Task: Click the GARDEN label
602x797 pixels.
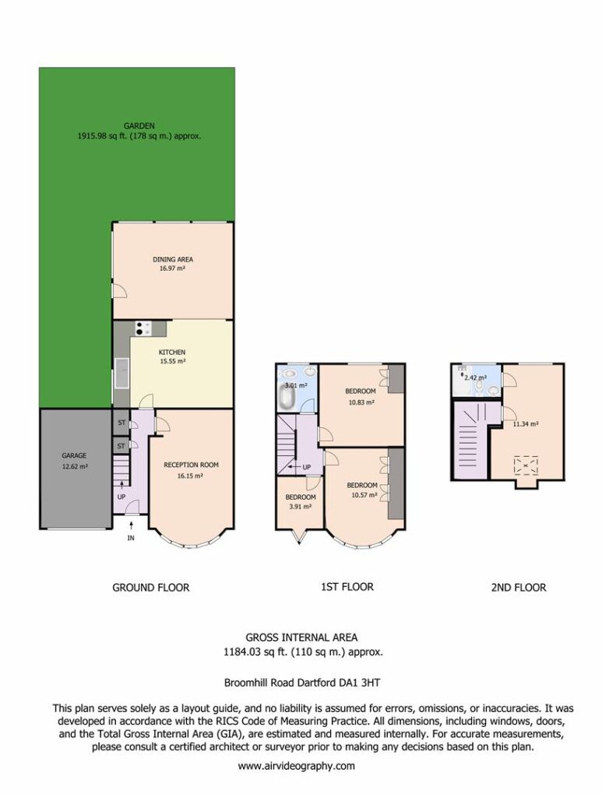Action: pyautogui.click(x=139, y=125)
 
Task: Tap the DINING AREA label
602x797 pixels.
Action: pyautogui.click(x=173, y=259)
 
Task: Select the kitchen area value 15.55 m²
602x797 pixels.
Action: pyautogui.click(x=172, y=361)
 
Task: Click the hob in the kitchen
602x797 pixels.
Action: pyautogui.click(x=143, y=328)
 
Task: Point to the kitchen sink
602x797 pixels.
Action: pyautogui.click(x=122, y=373)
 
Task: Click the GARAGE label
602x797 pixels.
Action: pyautogui.click(x=74, y=455)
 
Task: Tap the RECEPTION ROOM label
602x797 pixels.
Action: pyautogui.click(x=191, y=465)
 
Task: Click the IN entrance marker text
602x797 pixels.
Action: pyautogui.click(x=131, y=538)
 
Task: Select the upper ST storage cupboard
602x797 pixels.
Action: pyautogui.click(x=121, y=423)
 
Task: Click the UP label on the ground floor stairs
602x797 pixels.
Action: pyautogui.click(x=121, y=497)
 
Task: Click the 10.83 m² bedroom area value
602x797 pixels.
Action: pyautogui.click(x=361, y=402)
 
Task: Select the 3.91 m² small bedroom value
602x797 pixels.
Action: pyautogui.click(x=300, y=506)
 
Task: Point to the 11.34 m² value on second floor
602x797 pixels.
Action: pyautogui.click(x=526, y=424)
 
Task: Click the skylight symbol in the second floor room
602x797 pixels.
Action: pyautogui.click(x=526, y=465)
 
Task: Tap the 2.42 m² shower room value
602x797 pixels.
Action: pyautogui.click(x=475, y=377)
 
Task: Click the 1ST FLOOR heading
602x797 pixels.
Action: pyautogui.click(x=347, y=587)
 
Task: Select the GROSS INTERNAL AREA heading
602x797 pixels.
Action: pyautogui.click(x=301, y=637)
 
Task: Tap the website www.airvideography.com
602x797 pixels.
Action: pyautogui.click(x=297, y=766)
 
